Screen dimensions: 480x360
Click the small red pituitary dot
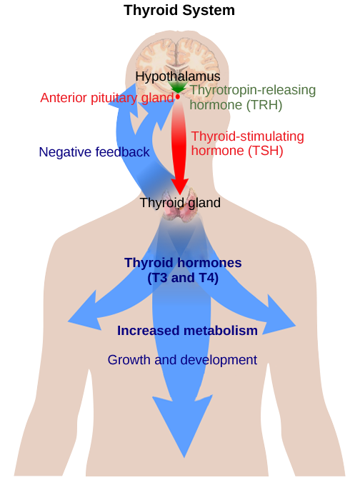(x=176, y=96)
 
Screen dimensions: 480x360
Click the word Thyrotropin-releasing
(x=253, y=91)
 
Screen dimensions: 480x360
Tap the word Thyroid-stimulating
(x=247, y=136)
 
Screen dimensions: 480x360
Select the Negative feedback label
(x=94, y=152)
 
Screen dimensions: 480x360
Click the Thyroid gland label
(x=180, y=202)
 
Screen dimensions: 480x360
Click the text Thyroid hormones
(x=183, y=263)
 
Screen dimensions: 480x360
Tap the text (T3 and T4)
(x=183, y=278)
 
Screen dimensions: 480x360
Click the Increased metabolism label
(x=187, y=331)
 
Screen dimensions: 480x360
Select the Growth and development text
(x=182, y=359)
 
